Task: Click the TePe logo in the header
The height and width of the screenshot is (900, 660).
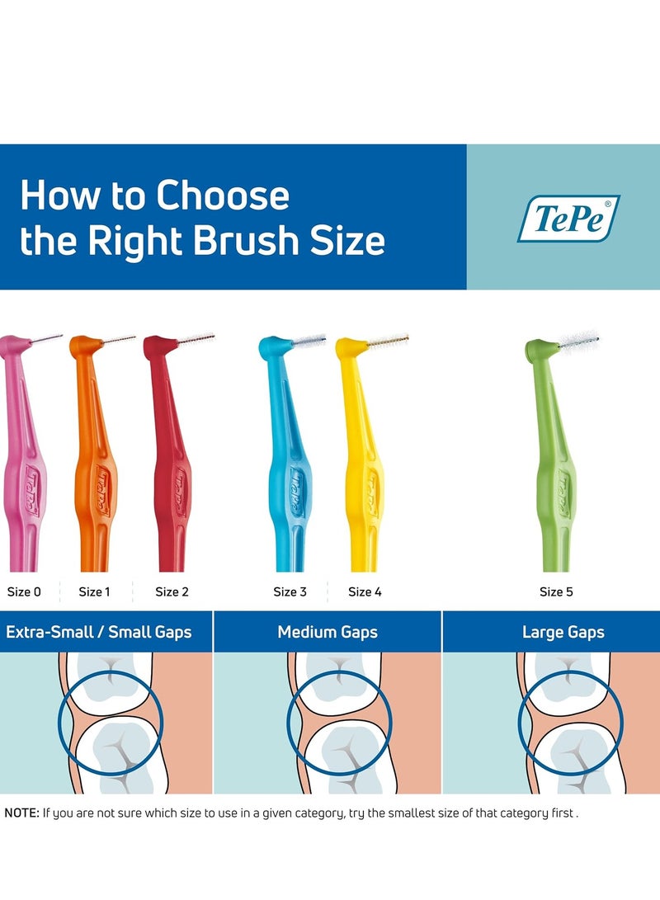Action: click(x=568, y=219)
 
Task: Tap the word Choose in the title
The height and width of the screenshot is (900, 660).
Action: click(x=223, y=196)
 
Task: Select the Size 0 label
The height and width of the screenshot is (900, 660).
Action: click(x=23, y=591)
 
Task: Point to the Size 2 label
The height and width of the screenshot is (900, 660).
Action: click(x=172, y=591)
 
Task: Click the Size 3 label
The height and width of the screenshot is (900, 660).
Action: click(x=290, y=591)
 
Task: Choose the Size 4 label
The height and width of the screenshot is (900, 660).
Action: click(x=365, y=591)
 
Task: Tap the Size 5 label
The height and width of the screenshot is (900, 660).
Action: click(x=556, y=591)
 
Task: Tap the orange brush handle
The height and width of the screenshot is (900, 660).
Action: click(x=96, y=478)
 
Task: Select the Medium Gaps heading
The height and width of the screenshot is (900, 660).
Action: click(x=328, y=633)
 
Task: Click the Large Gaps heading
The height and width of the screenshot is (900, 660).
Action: click(x=563, y=633)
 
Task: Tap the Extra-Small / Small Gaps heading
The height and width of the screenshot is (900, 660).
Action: click(x=99, y=633)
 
